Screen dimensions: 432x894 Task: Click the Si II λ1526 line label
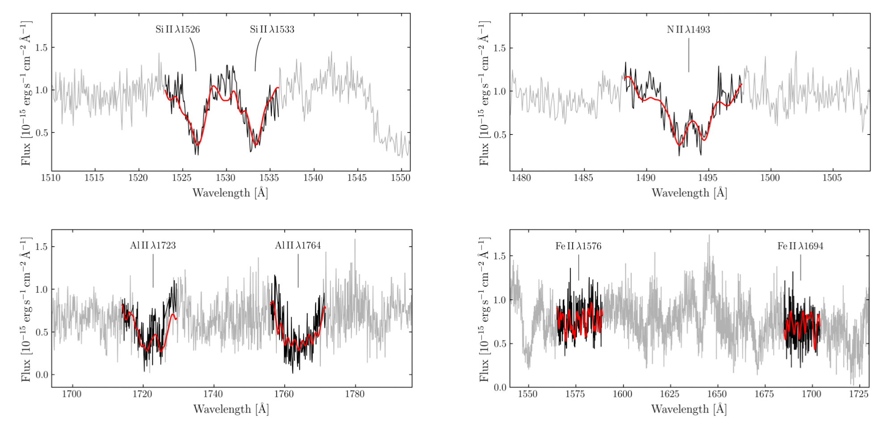coord(177,29)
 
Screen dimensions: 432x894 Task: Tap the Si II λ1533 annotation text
coord(272,29)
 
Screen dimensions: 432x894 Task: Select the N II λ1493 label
coord(688,29)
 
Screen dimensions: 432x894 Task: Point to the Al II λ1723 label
coord(153,246)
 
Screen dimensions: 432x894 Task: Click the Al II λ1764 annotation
coord(298,246)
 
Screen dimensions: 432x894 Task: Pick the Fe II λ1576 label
coord(578,246)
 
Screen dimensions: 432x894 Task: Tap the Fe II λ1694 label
coord(800,246)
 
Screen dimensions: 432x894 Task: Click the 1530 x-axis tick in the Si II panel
coord(226,178)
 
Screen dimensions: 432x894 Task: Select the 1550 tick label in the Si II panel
coord(401,178)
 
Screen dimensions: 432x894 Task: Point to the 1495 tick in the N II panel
coord(708,178)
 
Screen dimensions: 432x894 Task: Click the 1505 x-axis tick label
coord(832,178)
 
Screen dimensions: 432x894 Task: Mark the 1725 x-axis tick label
coord(859,394)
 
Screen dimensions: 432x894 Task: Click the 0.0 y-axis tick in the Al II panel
coord(42,375)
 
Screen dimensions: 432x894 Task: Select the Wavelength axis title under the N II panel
coord(689,193)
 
